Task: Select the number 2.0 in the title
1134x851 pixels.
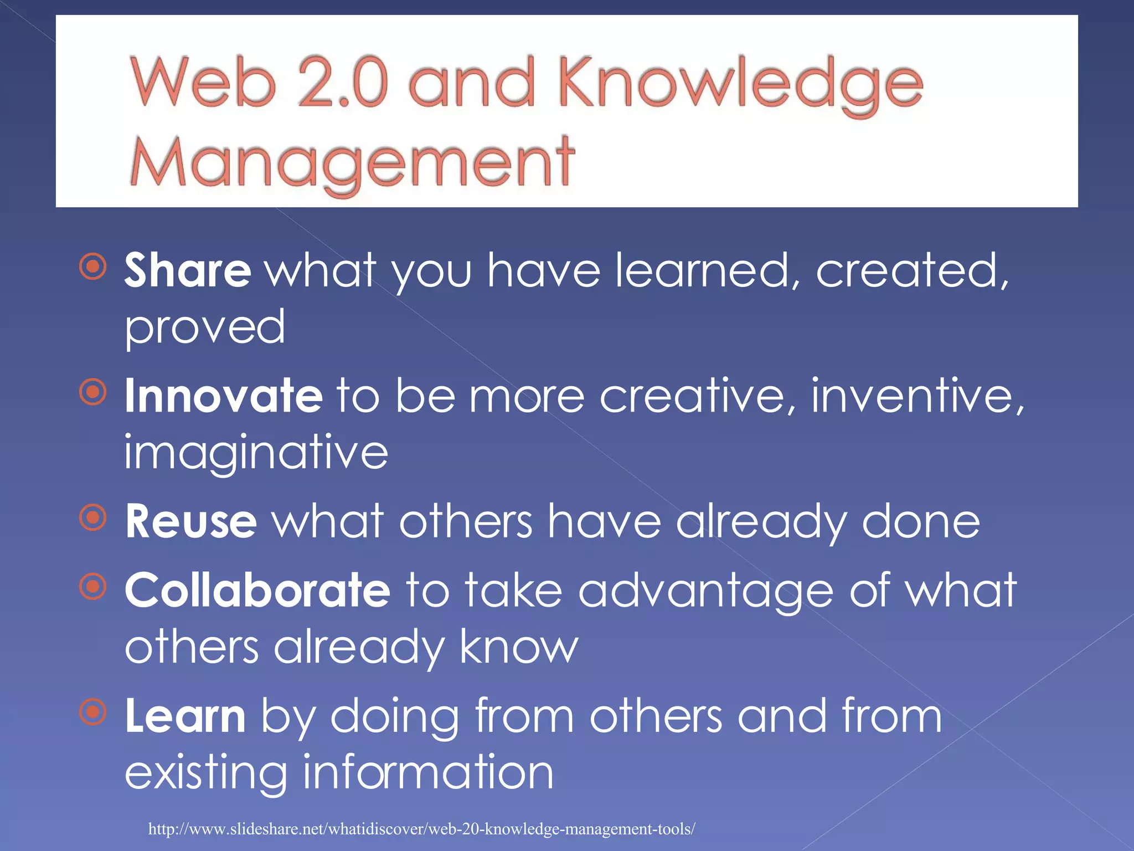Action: point(342,83)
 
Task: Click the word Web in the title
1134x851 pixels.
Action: point(203,83)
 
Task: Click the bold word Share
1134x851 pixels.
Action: point(188,270)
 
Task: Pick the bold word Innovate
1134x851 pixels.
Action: point(223,396)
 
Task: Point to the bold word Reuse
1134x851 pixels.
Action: point(190,521)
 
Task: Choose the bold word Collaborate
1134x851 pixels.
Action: point(257,590)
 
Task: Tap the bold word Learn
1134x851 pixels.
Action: point(185,716)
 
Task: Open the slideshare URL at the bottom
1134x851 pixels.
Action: point(421,829)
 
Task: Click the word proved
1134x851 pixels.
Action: point(204,328)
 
